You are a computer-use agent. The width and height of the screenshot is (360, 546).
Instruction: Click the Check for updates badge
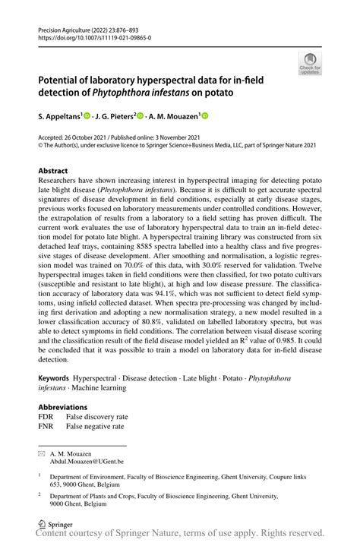310,64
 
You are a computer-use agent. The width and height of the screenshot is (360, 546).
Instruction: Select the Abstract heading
57,172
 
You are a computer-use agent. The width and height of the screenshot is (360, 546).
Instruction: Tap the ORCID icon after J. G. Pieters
141,116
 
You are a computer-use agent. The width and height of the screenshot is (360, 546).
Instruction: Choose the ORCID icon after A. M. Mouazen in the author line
204,116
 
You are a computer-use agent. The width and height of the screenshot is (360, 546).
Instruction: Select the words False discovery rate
94,416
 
